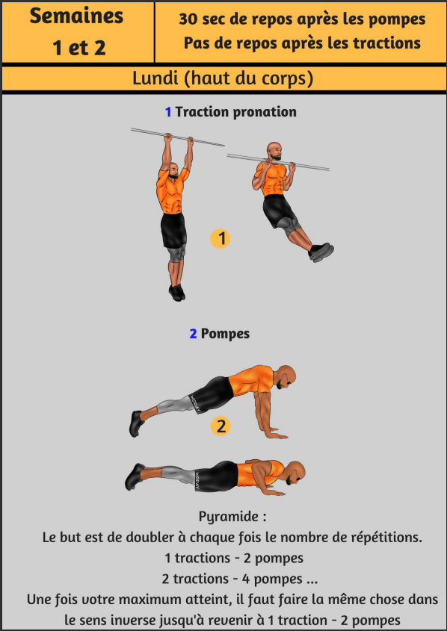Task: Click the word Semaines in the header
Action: coord(76,16)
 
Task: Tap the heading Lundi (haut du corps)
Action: coord(223,78)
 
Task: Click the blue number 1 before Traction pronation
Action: coord(168,112)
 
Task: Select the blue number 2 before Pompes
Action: coord(194,334)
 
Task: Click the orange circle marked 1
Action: coord(221,238)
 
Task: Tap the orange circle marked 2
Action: coord(221,426)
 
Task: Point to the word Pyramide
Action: coord(228,517)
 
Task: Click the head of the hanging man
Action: coord(173,170)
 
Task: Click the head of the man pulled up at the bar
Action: coord(274,151)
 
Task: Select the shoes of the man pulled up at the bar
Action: coord(321,252)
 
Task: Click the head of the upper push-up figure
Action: coord(286,376)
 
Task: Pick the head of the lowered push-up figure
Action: coord(295,473)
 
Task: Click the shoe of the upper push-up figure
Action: coord(137,423)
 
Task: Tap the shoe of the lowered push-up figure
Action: coord(135,476)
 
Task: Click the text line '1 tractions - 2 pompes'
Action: coord(234,558)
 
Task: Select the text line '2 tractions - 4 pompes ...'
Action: coord(240,579)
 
